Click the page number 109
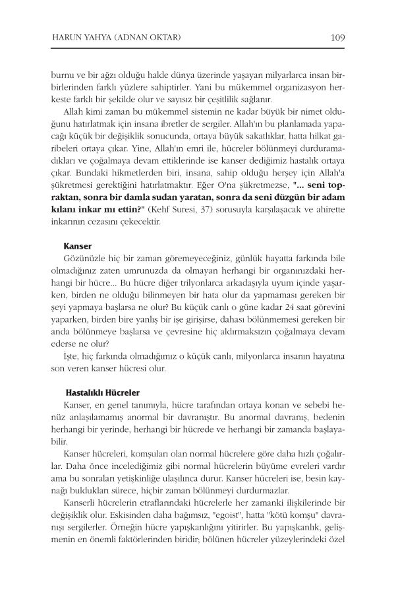coord(335,37)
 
